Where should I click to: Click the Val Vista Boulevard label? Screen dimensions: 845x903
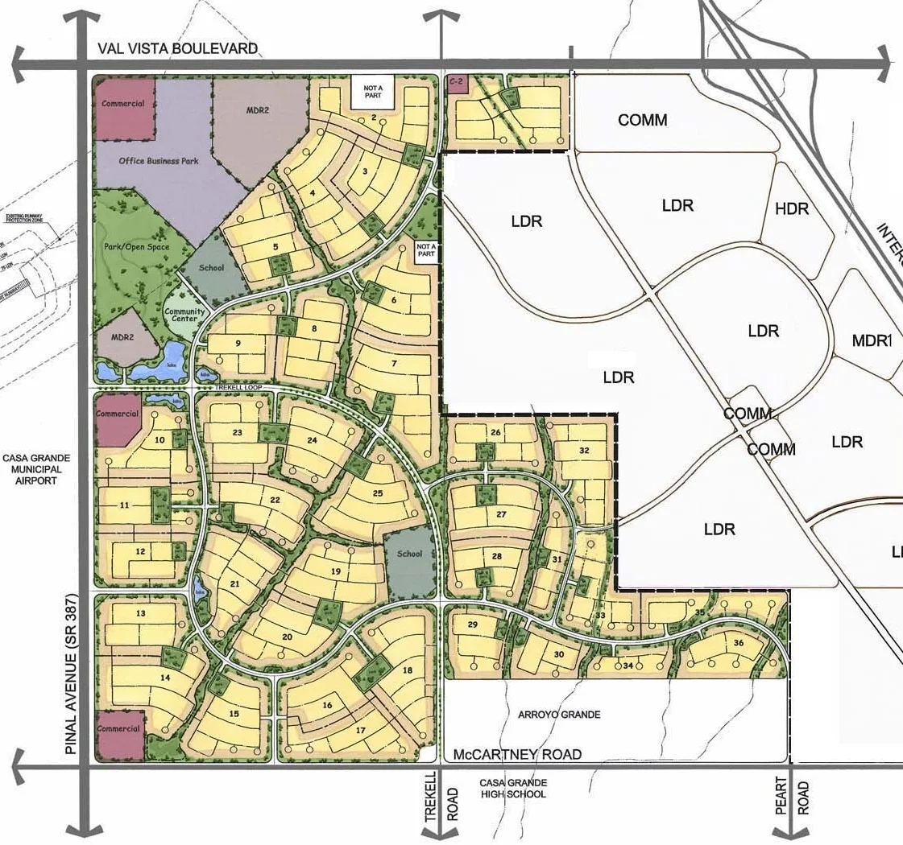[177, 48]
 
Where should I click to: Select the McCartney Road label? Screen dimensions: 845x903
[517, 755]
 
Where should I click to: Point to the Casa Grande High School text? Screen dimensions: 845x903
[513, 789]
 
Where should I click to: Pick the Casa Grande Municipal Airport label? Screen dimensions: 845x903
[36, 469]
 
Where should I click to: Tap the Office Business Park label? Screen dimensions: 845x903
[159, 161]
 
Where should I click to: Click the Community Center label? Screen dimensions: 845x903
[185, 315]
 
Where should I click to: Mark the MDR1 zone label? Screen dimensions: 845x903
[872, 341]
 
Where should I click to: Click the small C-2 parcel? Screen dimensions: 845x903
[458, 82]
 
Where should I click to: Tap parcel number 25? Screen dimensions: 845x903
[377, 493]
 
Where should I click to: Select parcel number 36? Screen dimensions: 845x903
[738, 643]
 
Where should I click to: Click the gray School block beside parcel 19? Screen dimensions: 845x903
[409, 554]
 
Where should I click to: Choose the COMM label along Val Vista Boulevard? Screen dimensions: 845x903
[643, 120]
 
